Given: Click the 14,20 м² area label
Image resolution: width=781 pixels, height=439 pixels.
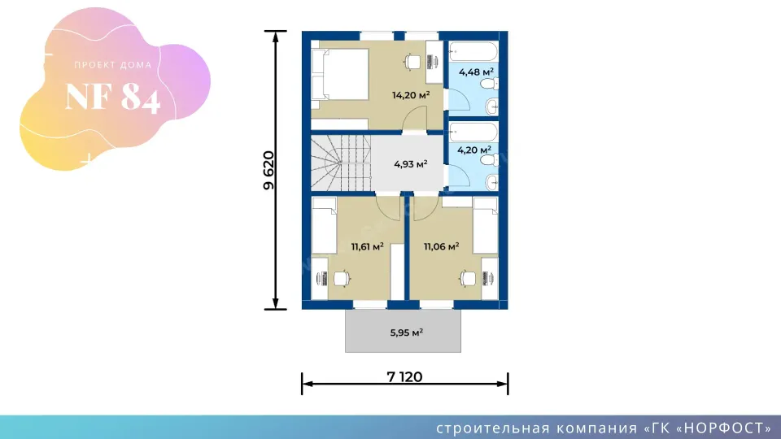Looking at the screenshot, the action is [411, 94].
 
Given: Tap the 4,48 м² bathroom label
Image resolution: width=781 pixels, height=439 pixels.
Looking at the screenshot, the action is [476, 72].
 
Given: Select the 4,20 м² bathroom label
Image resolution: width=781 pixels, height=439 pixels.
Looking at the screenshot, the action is [474, 150].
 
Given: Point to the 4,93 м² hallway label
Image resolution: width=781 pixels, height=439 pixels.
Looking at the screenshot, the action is [410, 163].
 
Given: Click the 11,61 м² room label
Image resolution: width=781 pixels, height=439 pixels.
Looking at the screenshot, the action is [367, 246].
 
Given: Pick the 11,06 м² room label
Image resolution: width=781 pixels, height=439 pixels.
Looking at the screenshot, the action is [441, 246].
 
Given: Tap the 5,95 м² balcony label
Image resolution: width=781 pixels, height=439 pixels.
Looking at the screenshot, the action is [407, 333].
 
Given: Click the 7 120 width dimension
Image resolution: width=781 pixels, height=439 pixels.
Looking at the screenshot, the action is [404, 376].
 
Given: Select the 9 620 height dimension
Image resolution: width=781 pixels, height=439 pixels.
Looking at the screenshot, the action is [268, 170].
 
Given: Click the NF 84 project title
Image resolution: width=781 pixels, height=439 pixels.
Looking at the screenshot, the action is [113, 96].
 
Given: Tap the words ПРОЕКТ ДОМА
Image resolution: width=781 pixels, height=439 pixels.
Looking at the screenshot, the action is [113, 65].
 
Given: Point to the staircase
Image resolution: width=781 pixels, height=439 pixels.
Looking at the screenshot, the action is [341, 163].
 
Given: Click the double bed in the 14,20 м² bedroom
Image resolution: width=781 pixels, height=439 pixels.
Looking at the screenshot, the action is [340, 74].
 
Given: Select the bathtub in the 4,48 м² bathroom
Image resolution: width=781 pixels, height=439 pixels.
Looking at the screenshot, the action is [473, 52].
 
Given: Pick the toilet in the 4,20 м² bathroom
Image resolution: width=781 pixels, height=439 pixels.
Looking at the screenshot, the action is [489, 160].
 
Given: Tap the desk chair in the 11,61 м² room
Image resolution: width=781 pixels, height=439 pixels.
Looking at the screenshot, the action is [342, 278].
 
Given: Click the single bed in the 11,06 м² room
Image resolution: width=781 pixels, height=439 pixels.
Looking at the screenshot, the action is [485, 225].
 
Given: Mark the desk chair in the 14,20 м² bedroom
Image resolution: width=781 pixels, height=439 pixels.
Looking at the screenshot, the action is [412, 63].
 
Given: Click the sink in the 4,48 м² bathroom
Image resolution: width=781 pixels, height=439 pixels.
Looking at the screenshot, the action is [491, 106].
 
